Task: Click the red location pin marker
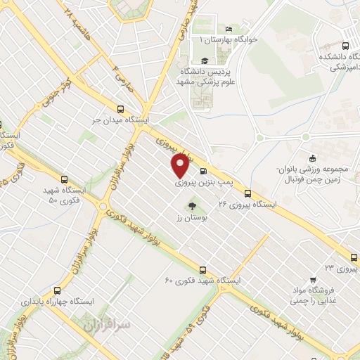(x=180, y=165)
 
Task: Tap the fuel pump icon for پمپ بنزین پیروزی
(x=204, y=171)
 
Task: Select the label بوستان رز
(x=192, y=219)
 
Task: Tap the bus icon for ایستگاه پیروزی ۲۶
(x=247, y=193)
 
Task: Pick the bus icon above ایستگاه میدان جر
(x=120, y=109)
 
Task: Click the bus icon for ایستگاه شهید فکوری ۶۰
(x=203, y=269)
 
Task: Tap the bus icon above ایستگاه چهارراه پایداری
(x=57, y=289)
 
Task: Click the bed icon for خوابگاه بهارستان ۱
(x=229, y=29)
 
